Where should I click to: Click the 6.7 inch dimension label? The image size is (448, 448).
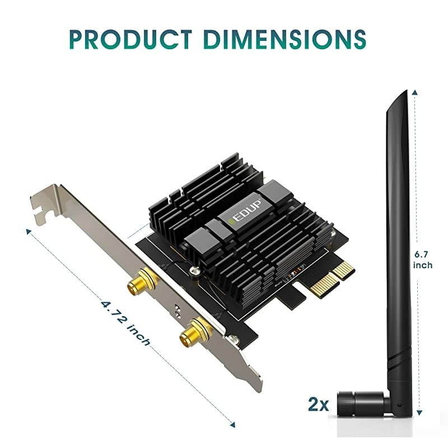pos(423,259)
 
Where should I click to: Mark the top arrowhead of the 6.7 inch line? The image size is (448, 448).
pos(414,90)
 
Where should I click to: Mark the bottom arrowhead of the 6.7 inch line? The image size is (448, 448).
pos(414,415)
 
